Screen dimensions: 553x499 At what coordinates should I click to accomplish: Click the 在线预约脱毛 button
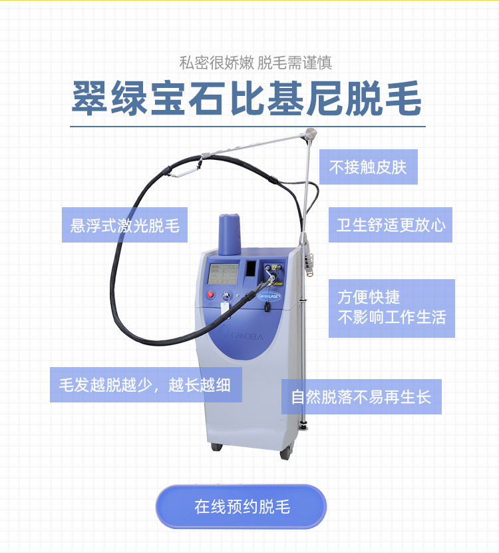coord(241,506)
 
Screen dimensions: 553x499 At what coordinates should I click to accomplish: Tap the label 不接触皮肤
coord(368,167)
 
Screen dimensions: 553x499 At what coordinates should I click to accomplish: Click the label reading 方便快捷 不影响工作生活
coord(391,308)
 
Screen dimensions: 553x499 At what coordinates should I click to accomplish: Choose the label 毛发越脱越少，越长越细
coord(145,385)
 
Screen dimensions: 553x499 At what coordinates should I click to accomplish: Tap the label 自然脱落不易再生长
coord(361,397)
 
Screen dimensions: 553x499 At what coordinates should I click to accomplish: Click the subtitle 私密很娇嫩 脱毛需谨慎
coord(255,63)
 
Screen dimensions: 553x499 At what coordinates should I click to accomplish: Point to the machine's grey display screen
coord(224,273)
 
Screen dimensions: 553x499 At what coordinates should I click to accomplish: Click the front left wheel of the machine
coord(216,446)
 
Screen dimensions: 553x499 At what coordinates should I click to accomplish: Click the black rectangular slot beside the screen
coord(250,269)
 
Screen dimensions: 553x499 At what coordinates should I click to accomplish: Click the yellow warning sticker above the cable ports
coord(273,267)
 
